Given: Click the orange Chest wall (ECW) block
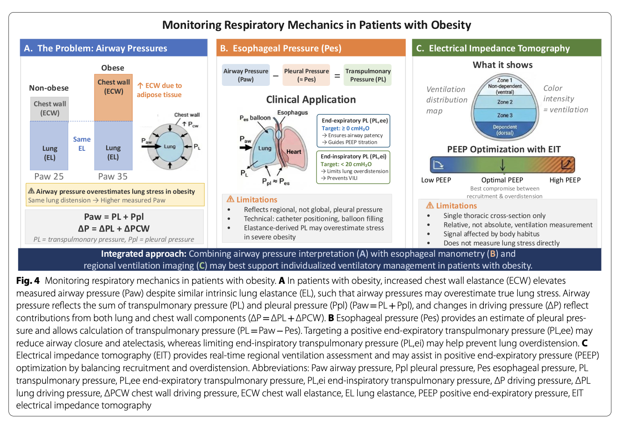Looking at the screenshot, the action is point(113,98).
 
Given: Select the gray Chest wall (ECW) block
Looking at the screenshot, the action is point(49,109).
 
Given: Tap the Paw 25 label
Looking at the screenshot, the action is point(49,176).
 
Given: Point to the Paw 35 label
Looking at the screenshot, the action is point(113,176).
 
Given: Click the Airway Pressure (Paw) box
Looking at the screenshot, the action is point(246,75).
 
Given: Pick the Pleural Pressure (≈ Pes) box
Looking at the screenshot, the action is point(306,75).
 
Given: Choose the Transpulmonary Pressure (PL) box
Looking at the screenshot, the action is point(368,75).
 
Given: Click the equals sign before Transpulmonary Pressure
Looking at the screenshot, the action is point(337,76).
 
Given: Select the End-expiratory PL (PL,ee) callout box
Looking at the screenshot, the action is point(353,131).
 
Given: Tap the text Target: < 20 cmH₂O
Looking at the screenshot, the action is point(346,164).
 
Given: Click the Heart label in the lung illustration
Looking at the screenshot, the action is point(294,152).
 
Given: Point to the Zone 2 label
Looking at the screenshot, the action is point(505,102).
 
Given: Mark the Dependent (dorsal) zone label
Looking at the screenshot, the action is point(505,130).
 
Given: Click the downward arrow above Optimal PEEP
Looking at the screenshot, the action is point(502,164).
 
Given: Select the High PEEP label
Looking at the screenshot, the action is point(565,180).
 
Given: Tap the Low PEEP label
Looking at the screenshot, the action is point(436,180).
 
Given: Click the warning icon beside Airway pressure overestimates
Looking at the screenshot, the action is point(31,190).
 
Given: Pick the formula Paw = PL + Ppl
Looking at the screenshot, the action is point(114,217).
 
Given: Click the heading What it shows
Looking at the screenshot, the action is point(502,65).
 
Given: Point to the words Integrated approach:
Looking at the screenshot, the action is point(144,253).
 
